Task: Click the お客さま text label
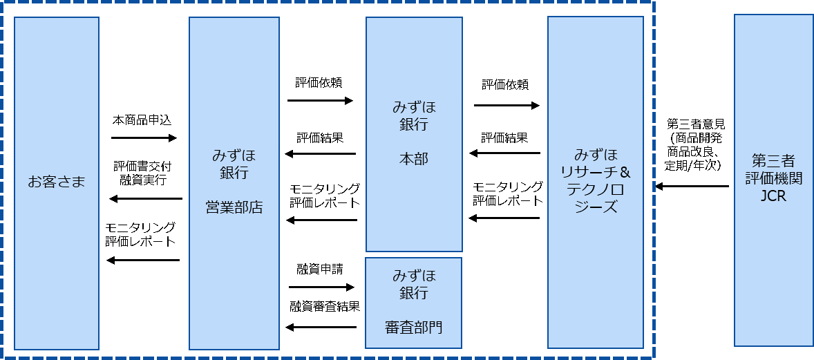point(57,182)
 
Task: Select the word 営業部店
point(234,207)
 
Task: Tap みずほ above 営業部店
point(234,155)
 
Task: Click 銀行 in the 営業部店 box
point(234,173)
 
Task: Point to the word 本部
point(414,159)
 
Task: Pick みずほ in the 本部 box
point(414,108)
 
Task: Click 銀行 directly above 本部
point(414,125)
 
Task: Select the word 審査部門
point(413,327)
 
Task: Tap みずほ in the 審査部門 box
point(413,275)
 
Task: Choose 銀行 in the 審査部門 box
point(413,292)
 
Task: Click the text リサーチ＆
point(596,172)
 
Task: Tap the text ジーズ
point(596,207)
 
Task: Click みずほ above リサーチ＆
point(596,155)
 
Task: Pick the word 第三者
point(773,161)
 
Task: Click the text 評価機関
point(773,178)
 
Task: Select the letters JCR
point(773,196)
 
